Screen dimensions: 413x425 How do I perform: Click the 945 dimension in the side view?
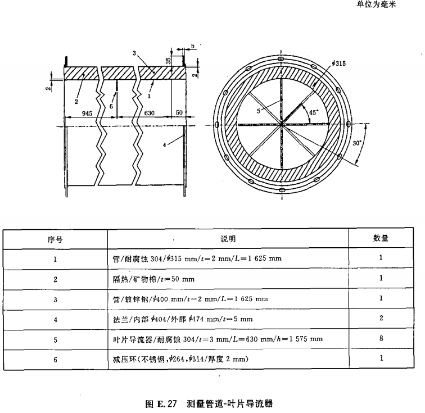[x=87, y=113]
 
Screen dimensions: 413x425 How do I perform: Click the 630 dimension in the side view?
[x=148, y=113]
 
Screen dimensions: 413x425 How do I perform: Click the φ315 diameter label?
[x=340, y=63]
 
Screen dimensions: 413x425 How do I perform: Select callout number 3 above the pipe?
[x=134, y=53]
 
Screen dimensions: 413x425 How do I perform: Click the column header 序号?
[x=55, y=239]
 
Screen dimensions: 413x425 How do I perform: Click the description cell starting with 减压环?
[x=180, y=359]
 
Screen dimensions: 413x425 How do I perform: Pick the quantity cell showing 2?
[x=381, y=319]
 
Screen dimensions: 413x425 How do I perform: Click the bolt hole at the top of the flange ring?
[x=281, y=57]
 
